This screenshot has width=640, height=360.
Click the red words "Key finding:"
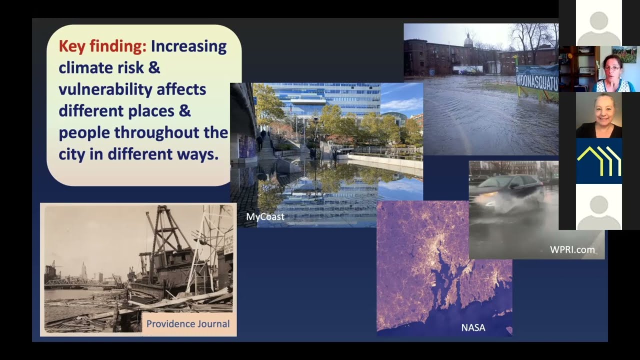point(102,46)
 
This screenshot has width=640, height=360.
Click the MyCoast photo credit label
point(265,216)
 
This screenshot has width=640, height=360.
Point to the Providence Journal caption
point(188,323)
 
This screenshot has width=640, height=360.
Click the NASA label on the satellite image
point(473,327)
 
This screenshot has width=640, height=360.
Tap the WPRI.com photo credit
point(572,249)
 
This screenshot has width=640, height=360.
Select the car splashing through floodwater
point(507,191)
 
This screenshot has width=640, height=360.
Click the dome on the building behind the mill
point(468,40)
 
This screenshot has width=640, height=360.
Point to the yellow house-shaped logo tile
point(599,161)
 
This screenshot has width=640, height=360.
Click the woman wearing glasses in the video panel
point(613,73)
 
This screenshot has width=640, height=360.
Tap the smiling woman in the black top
point(599,115)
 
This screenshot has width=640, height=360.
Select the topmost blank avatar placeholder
point(599,23)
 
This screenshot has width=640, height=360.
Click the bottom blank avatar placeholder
point(599,207)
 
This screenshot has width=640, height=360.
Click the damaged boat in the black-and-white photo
point(174,264)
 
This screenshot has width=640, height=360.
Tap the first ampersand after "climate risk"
point(154,67)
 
